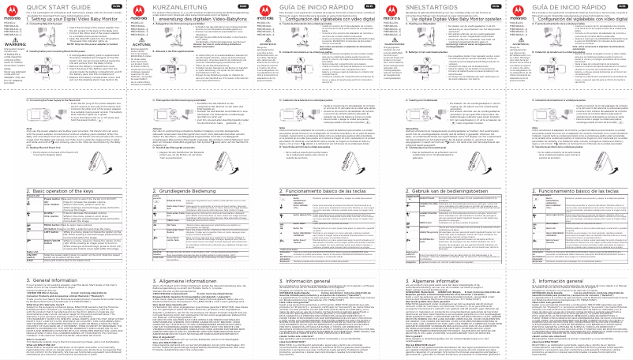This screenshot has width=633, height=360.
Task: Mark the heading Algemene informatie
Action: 418,279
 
